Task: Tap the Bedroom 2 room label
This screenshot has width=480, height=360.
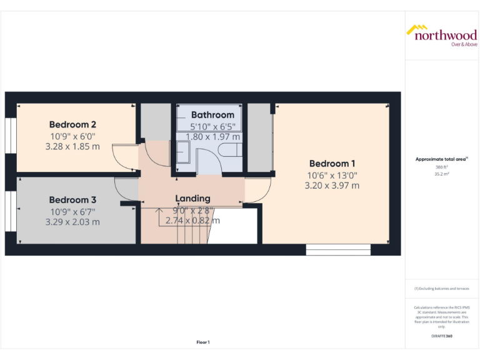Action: click(x=72, y=124)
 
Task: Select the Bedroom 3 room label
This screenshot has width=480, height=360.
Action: click(x=72, y=200)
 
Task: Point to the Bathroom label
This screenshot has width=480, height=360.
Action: click(x=212, y=115)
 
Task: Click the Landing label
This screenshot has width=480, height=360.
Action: click(x=192, y=199)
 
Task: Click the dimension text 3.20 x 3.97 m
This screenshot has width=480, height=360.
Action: click(x=332, y=186)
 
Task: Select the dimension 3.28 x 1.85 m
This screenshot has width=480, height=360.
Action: click(x=72, y=147)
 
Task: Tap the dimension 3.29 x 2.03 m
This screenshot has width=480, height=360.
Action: click(x=72, y=222)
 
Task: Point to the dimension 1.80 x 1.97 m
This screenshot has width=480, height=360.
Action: click(x=212, y=137)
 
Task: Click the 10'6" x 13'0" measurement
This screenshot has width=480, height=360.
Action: click(x=332, y=175)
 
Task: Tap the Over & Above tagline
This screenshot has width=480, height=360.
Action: click(x=464, y=44)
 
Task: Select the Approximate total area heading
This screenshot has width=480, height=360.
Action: click(x=441, y=159)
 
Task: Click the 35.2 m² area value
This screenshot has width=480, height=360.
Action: click(x=442, y=174)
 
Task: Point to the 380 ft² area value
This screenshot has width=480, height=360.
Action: click(x=442, y=167)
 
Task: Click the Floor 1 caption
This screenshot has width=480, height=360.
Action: click(x=203, y=342)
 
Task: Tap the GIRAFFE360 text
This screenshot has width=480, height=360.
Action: click(x=442, y=336)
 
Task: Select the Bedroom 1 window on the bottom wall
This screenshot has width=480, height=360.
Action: click(x=338, y=250)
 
